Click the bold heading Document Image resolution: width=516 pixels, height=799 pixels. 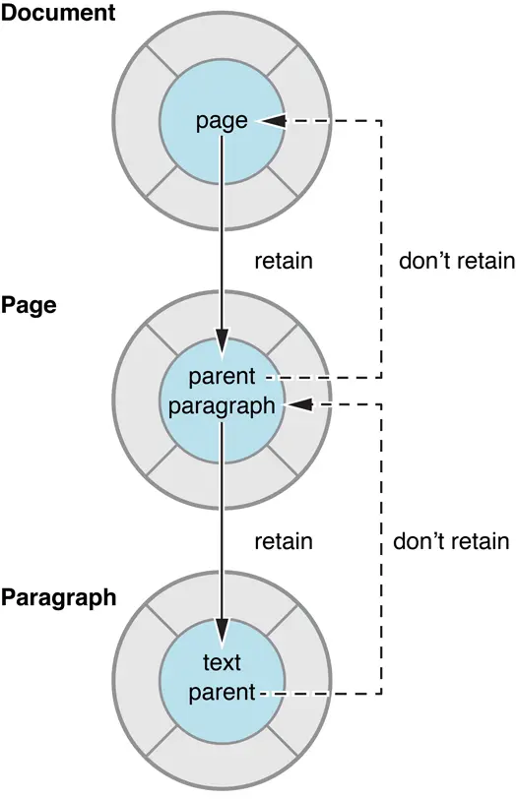[x=58, y=14]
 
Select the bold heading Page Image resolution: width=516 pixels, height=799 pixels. [x=29, y=304]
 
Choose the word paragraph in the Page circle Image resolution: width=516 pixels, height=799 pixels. [x=223, y=405]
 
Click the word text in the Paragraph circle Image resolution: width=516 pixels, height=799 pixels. [x=223, y=663]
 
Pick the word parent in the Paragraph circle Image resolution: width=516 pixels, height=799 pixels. [x=223, y=692]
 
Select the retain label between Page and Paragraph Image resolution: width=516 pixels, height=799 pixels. [x=284, y=541]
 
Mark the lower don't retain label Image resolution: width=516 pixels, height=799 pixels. [x=451, y=541]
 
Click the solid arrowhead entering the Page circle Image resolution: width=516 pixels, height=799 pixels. [x=223, y=348]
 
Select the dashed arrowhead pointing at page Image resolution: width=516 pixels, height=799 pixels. [x=273, y=122]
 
